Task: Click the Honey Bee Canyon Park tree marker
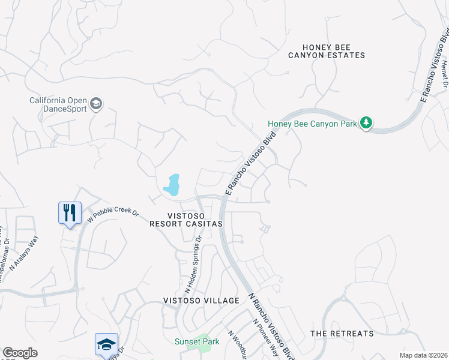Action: pos(366,124)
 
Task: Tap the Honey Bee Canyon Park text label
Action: pos(312,124)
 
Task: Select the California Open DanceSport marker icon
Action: pos(96,104)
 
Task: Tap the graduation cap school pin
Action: pos(106,344)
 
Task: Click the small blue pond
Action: pos(172,185)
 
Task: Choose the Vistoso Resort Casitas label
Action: pos(186,220)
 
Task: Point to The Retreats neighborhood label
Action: pos(342,333)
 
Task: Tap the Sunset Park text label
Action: pos(197,341)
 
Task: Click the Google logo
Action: pos(20,353)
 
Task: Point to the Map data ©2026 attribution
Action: pos(424,355)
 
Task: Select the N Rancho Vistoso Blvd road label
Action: pos(272,326)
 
